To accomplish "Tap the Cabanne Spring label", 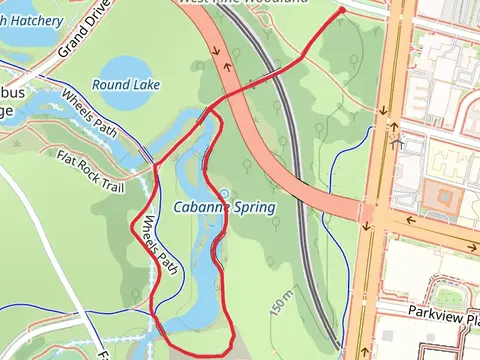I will pyautogui.click(x=224, y=207).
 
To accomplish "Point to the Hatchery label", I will pyautogui.click(x=35, y=20).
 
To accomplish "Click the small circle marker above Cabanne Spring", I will pyautogui.click(x=224, y=193).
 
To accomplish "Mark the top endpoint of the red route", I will pyautogui.click(x=342, y=10).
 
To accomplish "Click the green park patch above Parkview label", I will pyautogui.click(x=448, y=294).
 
